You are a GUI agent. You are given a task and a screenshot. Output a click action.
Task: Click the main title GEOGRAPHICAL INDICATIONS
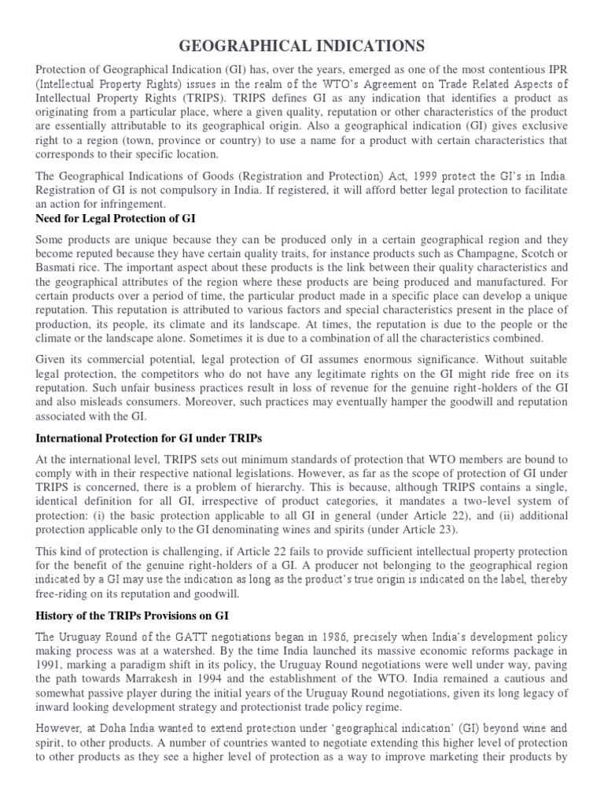point(302,46)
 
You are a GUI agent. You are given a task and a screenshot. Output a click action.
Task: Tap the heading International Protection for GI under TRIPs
point(149,437)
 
